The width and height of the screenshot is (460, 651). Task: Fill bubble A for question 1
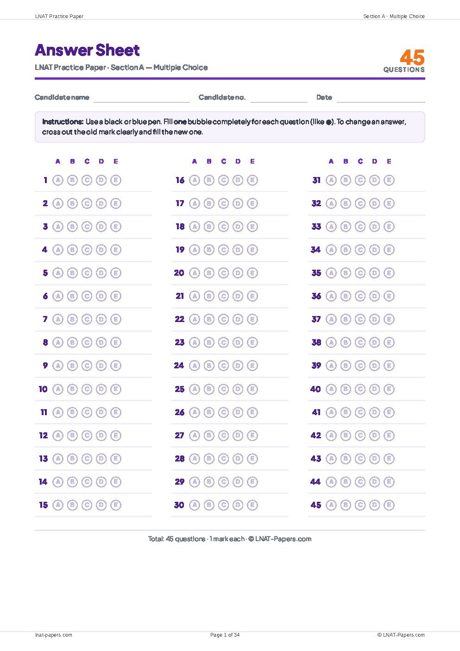58,180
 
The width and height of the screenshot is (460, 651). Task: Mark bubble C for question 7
87,319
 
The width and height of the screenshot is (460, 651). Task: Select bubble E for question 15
116,505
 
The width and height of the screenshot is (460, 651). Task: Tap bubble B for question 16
209,180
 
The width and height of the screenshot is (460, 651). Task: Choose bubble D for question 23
238,342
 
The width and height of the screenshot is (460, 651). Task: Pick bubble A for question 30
195,505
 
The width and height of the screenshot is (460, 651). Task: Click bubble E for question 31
389,180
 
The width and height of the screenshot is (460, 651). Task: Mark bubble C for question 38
360,342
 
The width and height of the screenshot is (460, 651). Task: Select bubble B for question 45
346,505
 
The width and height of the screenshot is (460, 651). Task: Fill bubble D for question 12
101,436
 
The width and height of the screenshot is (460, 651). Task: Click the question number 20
179,273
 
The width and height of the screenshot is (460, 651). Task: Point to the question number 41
316,412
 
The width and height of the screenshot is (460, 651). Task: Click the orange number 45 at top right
412,57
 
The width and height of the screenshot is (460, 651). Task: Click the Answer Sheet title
87,50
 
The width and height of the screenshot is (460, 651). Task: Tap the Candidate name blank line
141,102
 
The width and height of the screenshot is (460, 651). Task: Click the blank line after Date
381,102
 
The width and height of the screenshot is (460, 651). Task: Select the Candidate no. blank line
279,102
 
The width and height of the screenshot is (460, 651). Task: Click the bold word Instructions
63,121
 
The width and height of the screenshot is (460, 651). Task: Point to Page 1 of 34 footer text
225,635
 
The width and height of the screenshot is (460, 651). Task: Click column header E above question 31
389,161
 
